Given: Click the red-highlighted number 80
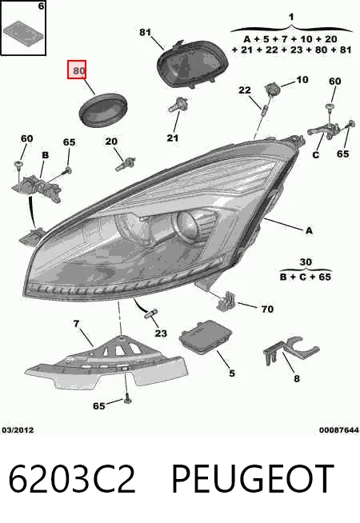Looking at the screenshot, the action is (x=79, y=70).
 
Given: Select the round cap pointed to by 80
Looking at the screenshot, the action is (x=103, y=110).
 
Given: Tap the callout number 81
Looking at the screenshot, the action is (x=145, y=32).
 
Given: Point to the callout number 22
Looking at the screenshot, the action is (x=245, y=90).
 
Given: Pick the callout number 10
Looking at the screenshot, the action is (x=302, y=80).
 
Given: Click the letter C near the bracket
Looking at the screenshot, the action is (x=316, y=155).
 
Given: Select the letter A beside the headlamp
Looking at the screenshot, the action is (x=309, y=230).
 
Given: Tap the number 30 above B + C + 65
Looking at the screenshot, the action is (x=306, y=261).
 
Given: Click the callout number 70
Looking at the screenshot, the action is (x=267, y=309).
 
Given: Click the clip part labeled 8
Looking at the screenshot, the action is (x=291, y=351).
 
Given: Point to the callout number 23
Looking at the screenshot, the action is (x=161, y=333).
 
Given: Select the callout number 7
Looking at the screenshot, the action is (x=77, y=324).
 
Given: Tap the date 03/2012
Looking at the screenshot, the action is (x=18, y=430).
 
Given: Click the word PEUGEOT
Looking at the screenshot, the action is (x=253, y=479).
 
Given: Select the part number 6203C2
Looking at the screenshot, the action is (x=72, y=479).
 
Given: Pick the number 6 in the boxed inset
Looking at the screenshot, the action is (x=41, y=6).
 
